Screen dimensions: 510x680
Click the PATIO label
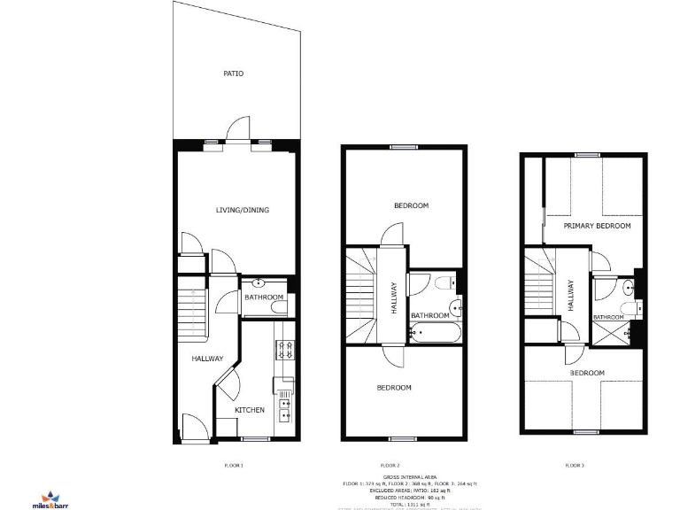[233, 73]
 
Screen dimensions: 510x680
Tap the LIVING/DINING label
[242, 210]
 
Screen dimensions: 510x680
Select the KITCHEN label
[249, 410]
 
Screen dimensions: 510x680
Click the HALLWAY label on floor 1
[207, 359]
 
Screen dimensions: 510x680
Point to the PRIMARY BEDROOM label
[597, 227]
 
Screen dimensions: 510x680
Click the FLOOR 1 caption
[234, 465]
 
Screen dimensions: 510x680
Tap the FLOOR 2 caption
[390, 465]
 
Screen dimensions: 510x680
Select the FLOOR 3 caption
[575, 465]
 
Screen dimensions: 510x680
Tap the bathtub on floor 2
[433, 334]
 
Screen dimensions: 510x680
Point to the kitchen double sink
[285, 408]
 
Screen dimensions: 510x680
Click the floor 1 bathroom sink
[258, 283]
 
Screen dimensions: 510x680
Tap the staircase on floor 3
[539, 285]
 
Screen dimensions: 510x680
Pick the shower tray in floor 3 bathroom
[609, 334]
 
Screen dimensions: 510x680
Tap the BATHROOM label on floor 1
[264, 297]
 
